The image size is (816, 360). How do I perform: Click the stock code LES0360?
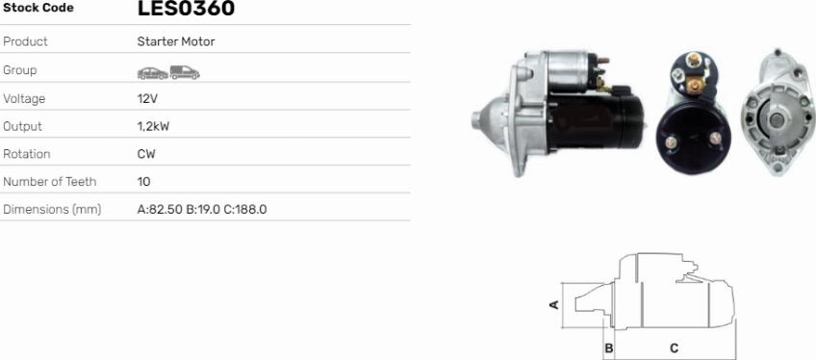coord(186,9)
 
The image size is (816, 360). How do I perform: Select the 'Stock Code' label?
coord(38,8)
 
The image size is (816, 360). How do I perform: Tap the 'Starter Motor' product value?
coord(176,41)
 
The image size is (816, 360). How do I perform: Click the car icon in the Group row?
coord(152,73)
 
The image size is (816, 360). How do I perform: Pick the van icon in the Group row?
coord(185,72)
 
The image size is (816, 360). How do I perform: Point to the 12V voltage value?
coord(147,99)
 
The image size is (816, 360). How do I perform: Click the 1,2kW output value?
coord(153,126)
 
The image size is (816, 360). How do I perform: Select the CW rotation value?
coord(146,154)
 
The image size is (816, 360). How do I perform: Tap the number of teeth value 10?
coord(143,182)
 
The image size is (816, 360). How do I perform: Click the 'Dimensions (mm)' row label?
coord(52,210)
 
